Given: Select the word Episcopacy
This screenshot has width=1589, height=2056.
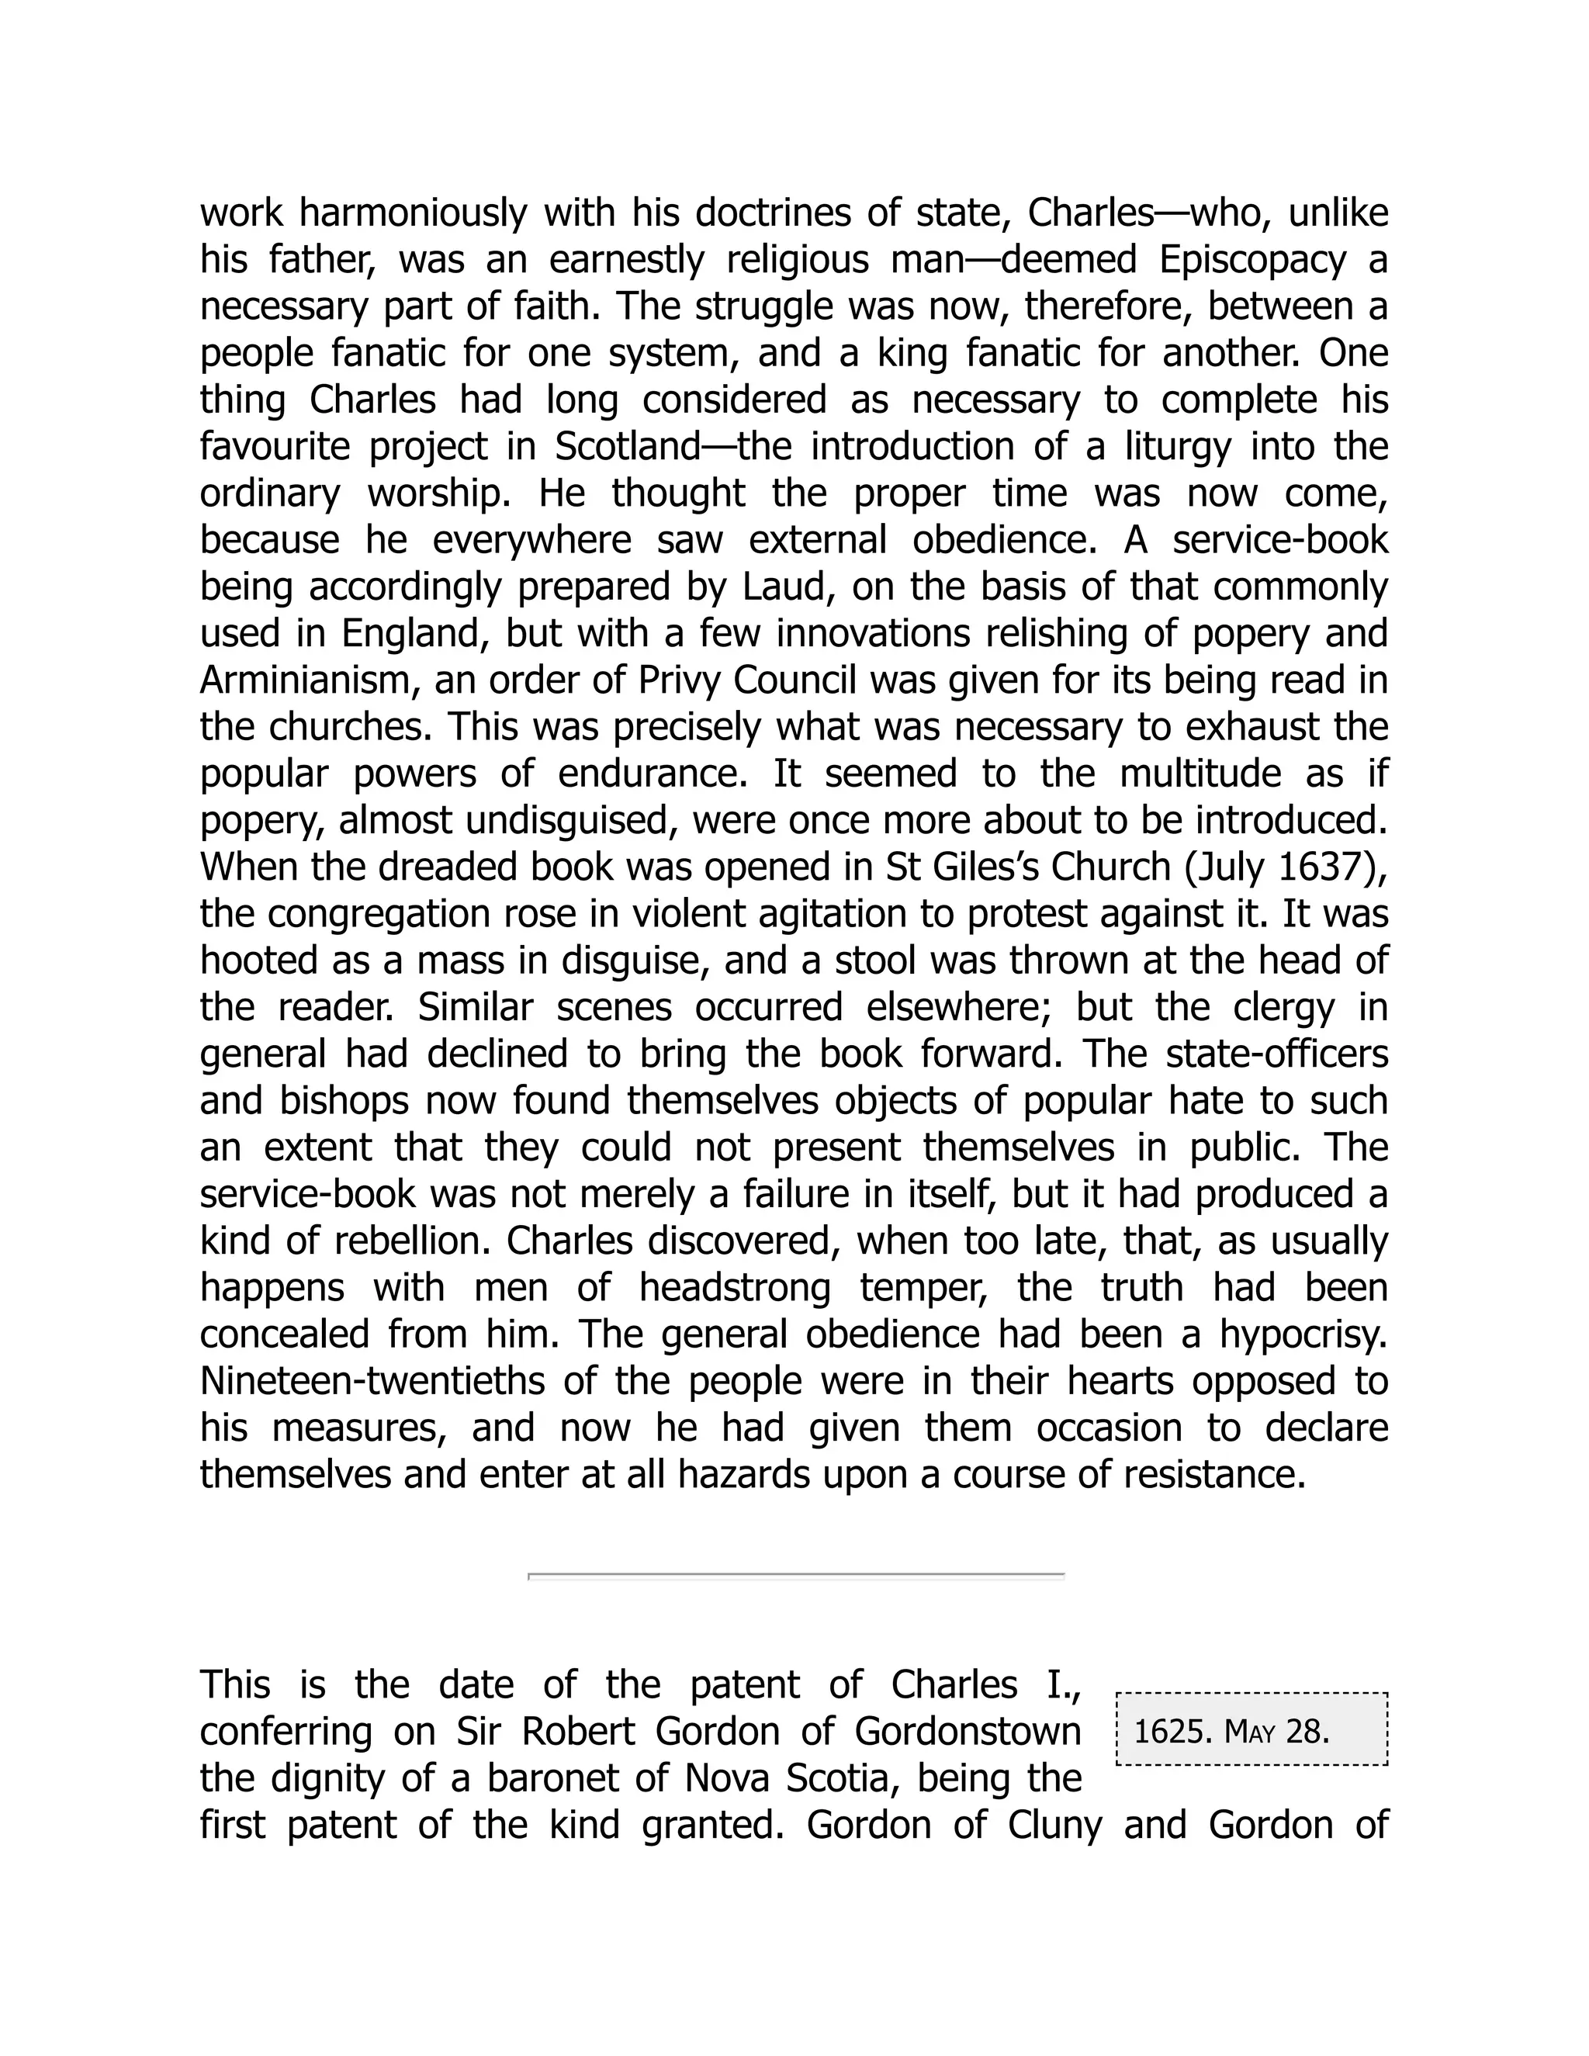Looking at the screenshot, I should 1252,261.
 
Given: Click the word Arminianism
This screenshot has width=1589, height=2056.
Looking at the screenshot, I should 310,680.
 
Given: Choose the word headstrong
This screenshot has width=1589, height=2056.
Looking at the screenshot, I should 734,1287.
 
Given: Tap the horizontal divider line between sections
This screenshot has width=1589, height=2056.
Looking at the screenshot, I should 795,1574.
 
